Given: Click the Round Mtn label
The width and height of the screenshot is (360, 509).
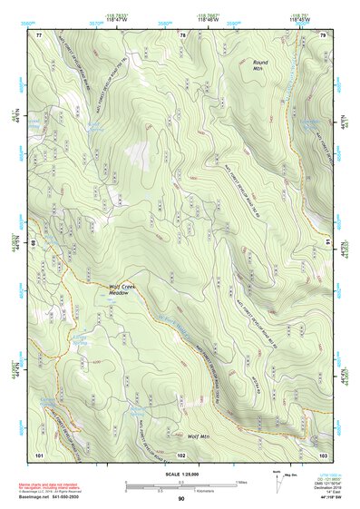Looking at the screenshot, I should tap(263, 64).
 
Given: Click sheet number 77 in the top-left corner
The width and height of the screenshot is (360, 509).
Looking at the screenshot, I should tap(39, 34).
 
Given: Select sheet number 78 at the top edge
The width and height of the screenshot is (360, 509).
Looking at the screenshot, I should tap(182, 34).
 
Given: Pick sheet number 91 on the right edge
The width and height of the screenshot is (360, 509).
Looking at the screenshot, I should tap(328, 243).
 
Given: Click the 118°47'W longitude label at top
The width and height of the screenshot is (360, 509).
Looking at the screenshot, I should tap(121, 20).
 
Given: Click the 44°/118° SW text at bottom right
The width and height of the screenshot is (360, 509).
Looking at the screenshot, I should tap(329, 500).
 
